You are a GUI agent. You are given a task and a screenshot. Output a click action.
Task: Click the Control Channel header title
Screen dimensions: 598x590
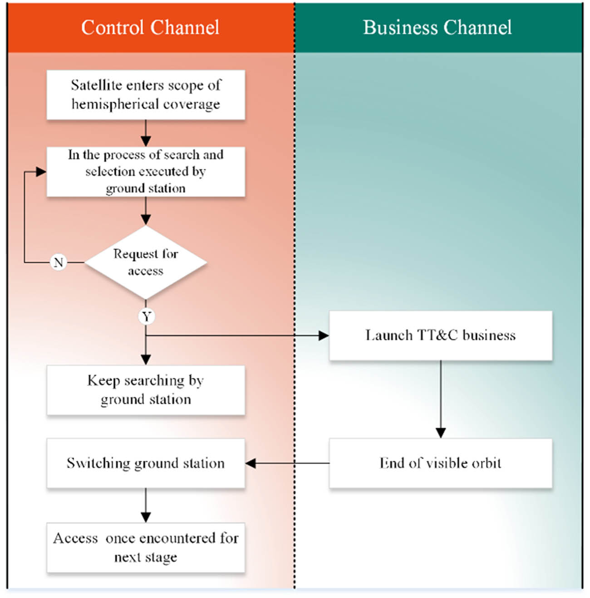pos(150,27)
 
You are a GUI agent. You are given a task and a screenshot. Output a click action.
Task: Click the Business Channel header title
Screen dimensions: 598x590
pos(437,27)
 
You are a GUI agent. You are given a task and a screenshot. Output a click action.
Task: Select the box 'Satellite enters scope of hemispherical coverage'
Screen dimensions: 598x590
pos(146,95)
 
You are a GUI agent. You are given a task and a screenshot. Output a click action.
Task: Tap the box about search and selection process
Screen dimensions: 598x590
pos(146,171)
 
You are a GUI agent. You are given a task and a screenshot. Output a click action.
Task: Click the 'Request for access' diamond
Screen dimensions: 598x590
pos(146,262)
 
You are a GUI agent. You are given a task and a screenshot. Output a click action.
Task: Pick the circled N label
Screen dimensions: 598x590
pos(59,262)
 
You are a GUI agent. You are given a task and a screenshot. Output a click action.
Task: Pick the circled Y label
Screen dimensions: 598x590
pos(146,316)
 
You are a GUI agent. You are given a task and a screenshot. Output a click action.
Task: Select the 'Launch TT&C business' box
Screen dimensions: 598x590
pos(440,335)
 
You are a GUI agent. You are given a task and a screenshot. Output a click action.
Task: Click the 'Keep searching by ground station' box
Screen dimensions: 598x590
pos(146,390)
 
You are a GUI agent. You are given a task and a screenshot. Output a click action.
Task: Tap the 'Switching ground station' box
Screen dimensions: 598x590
pos(146,463)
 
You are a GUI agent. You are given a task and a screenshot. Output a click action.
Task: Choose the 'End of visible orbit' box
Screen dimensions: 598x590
pos(440,463)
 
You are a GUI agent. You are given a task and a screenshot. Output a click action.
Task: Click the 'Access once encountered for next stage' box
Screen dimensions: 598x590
pos(146,547)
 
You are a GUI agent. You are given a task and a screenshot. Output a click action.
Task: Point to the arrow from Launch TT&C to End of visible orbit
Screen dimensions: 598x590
pos(440,399)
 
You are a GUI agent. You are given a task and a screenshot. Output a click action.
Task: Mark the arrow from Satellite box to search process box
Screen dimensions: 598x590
pos(146,133)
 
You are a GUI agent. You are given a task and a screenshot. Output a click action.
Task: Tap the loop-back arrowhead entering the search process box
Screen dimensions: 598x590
pos(41,172)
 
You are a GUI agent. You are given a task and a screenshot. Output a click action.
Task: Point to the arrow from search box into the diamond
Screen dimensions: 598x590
pos(146,211)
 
